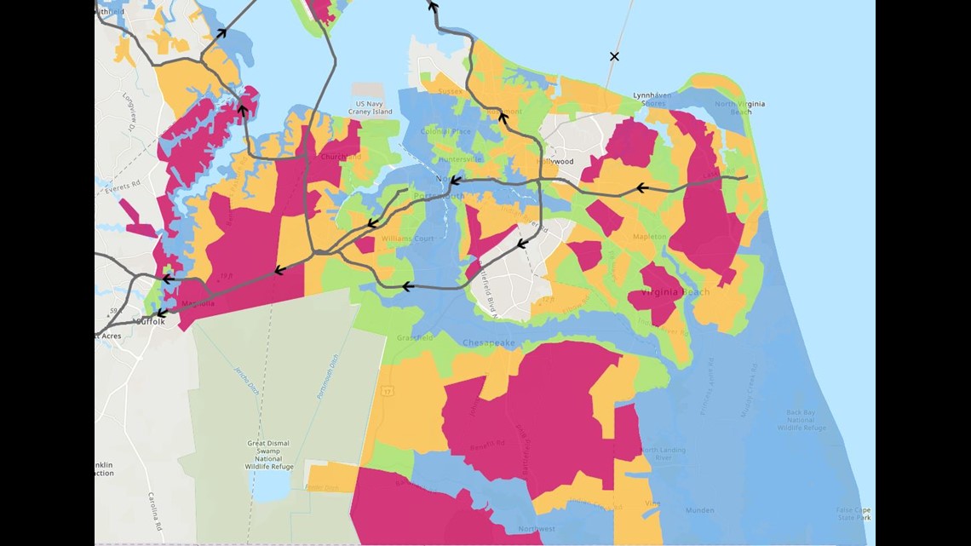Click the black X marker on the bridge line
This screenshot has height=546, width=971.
[614, 56]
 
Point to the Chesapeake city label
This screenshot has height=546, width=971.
[489, 342]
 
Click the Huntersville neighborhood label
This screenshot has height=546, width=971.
[459, 159]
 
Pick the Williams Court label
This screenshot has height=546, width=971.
[407, 239]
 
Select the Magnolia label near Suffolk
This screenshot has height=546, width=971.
[197, 304]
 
